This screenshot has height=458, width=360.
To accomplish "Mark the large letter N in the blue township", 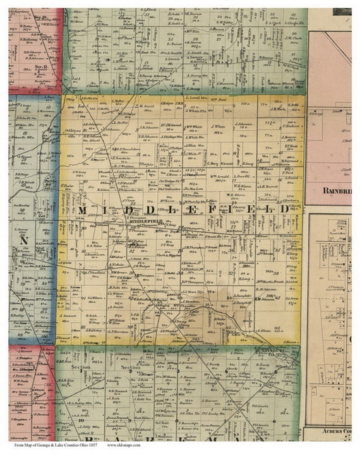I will [25, 241].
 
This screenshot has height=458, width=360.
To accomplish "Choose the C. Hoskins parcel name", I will [290, 126].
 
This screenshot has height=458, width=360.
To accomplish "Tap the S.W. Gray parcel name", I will [79, 172].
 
